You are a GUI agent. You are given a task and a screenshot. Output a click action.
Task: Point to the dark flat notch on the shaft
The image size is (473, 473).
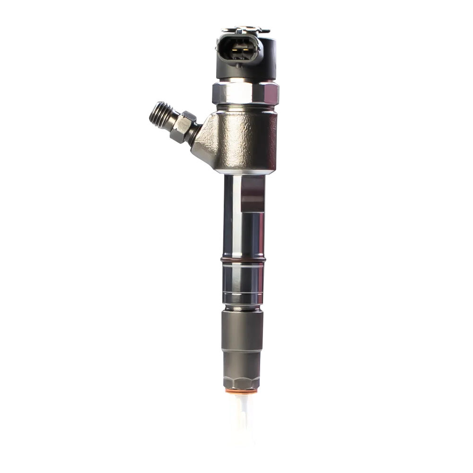(x=252, y=194)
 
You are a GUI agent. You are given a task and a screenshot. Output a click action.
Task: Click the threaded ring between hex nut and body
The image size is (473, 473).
(x=245, y=107)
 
